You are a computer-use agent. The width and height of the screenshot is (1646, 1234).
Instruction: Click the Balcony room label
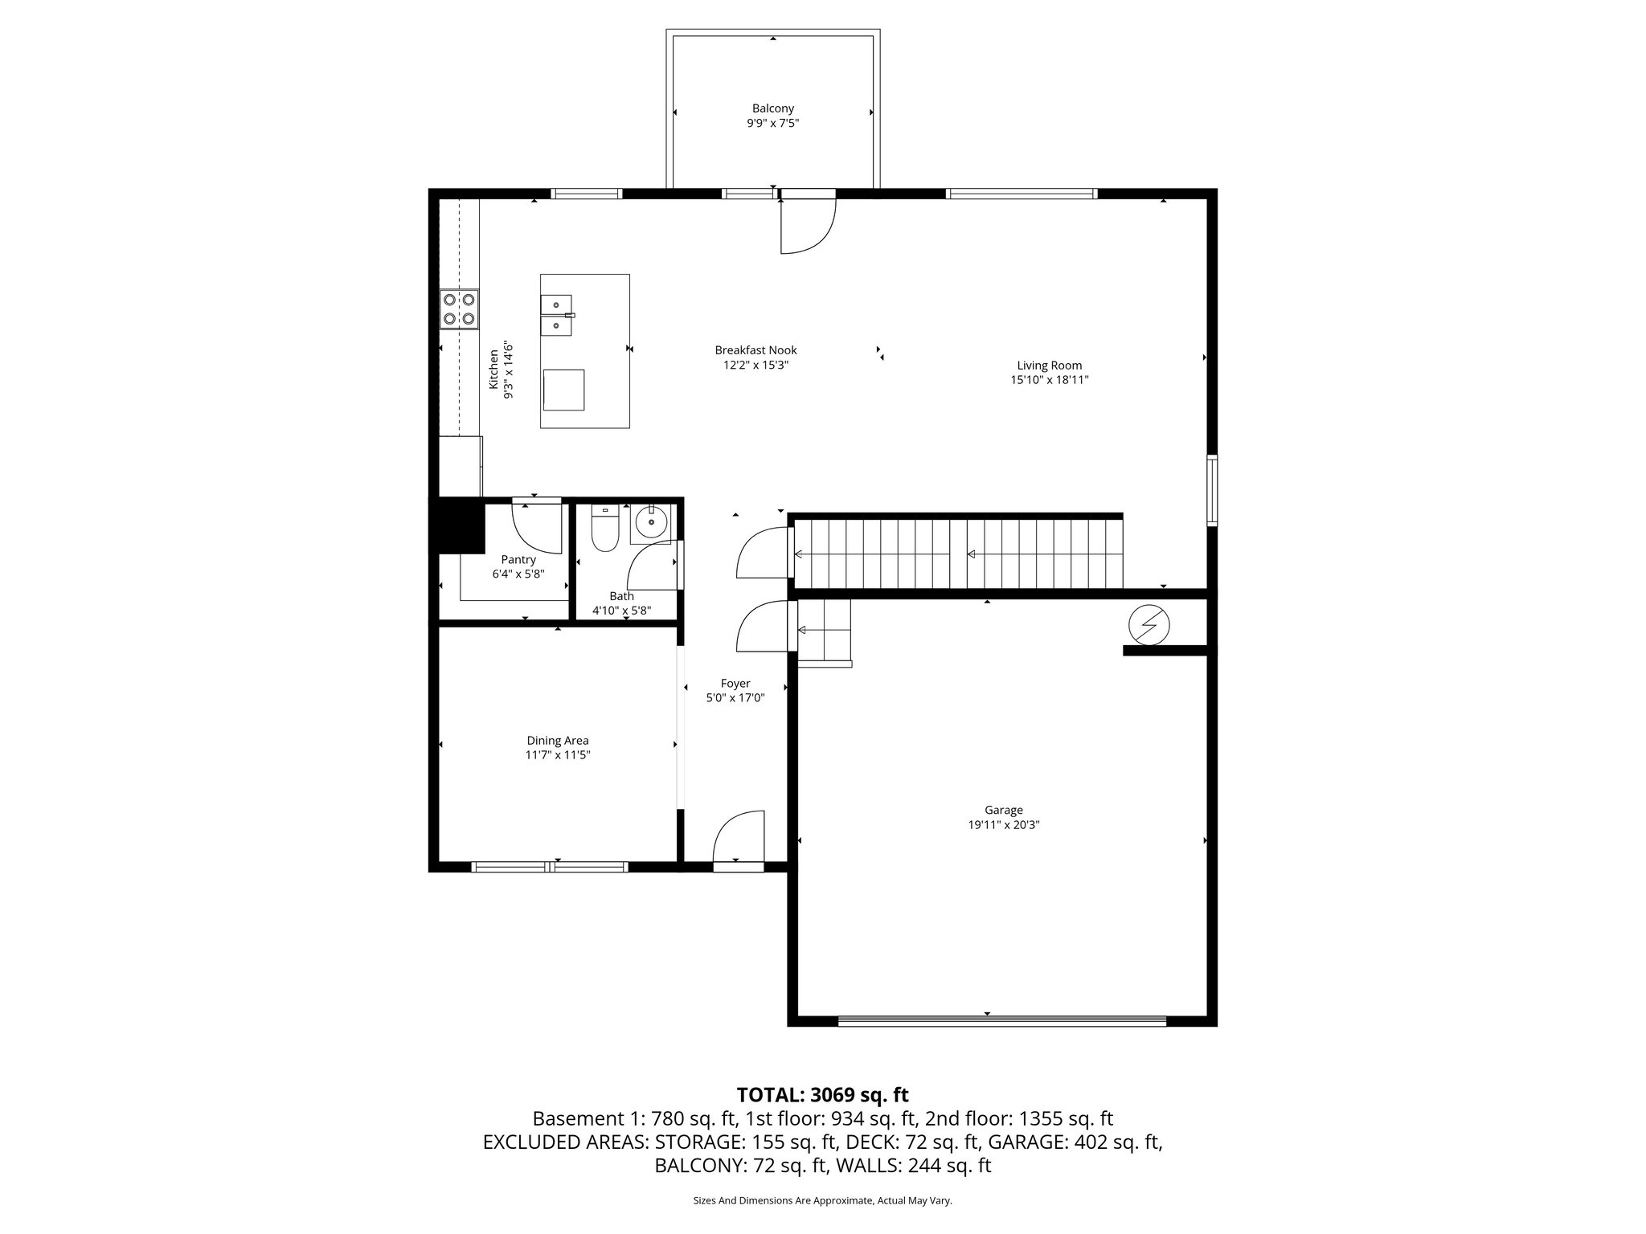pyautogui.click(x=772, y=108)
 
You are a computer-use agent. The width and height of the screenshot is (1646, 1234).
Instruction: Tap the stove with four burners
pyautogui.click(x=459, y=309)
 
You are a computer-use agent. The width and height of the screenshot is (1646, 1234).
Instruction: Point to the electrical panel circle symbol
pyautogui.click(x=1149, y=625)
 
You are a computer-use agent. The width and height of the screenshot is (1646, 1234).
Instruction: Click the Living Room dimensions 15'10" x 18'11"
pyautogui.click(x=1049, y=380)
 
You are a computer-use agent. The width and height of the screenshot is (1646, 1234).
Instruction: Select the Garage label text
pyautogui.click(x=1004, y=810)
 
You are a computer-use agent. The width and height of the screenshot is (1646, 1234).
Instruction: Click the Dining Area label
pyautogui.click(x=558, y=741)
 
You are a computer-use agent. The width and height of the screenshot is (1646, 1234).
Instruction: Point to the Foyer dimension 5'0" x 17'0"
pyautogui.click(x=735, y=698)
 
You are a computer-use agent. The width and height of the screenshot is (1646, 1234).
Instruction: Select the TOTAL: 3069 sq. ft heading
pyautogui.click(x=822, y=1095)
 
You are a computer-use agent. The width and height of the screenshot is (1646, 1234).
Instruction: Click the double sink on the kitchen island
pyautogui.click(x=556, y=315)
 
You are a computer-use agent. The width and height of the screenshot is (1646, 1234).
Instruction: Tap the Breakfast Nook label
pyautogui.click(x=755, y=350)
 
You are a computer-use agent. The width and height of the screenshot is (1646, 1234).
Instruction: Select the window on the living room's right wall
pyautogui.click(x=1212, y=490)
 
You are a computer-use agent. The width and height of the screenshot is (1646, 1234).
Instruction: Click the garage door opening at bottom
pyautogui.click(x=1001, y=1021)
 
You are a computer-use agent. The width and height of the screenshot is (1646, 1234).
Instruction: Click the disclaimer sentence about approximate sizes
pyautogui.click(x=822, y=1200)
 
